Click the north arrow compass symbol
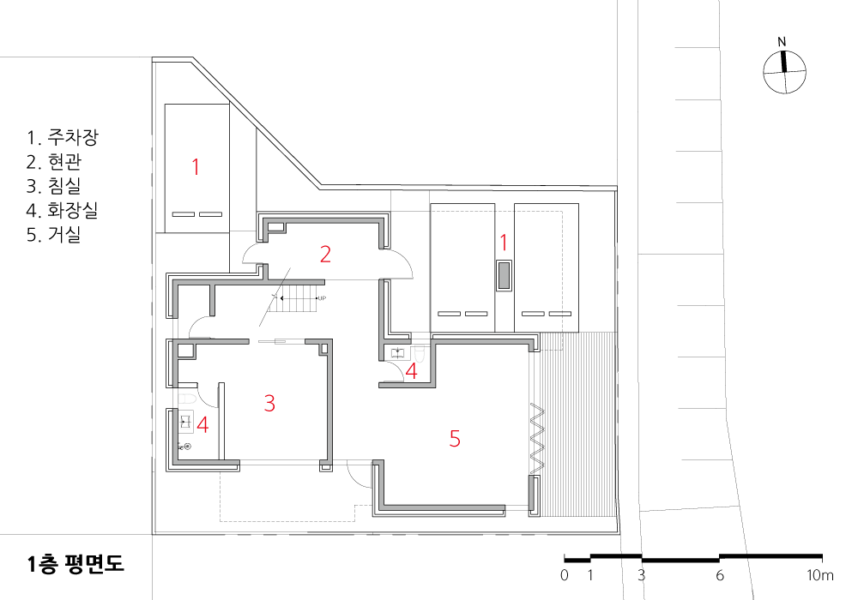[x=784, y=72]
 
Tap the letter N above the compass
[x=782, y=42]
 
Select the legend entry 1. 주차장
[x=63, y=137]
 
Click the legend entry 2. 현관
[x=53, y=161]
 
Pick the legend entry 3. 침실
[x=53, y=186]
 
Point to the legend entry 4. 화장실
[x=63, y=210]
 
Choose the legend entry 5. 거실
[x=53, y=234]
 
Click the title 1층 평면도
[x=76, y=564]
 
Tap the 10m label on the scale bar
[x=819, y=575]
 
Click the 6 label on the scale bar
[x=719, y=575]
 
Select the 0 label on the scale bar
[x=565, y=575]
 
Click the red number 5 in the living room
[x=455, y=438]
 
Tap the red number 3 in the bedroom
[x=269, y=403]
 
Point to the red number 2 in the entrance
[x=325, y=254]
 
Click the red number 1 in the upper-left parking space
[x=196, y=166]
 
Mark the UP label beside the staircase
[x=322, y=298]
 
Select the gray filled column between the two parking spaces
[x=504, y=275]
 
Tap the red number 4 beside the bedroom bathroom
[x=202, y=424]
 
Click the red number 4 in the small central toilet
[x=412, y=371]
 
